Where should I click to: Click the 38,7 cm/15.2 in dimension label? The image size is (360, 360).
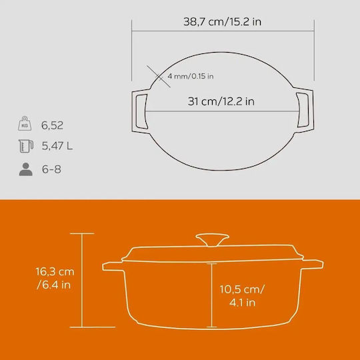(x=222, y=22)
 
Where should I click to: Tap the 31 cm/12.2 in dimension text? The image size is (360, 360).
(x=221, y=101)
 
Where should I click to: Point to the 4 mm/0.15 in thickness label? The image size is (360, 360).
(x=191, y=76)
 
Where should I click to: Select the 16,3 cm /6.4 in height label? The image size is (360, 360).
(x=55, y=278)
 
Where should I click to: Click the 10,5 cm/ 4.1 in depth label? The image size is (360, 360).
(x=242, y=296)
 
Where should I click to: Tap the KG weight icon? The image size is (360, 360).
(x=25, y=123)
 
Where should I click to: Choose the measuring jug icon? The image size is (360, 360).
(x=26, y=146)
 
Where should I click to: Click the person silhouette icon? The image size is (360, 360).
(x=26, y=169)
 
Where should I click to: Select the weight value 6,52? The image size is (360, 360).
(x=52, y=125)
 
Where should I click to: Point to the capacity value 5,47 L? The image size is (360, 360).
(x=57, y=146)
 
